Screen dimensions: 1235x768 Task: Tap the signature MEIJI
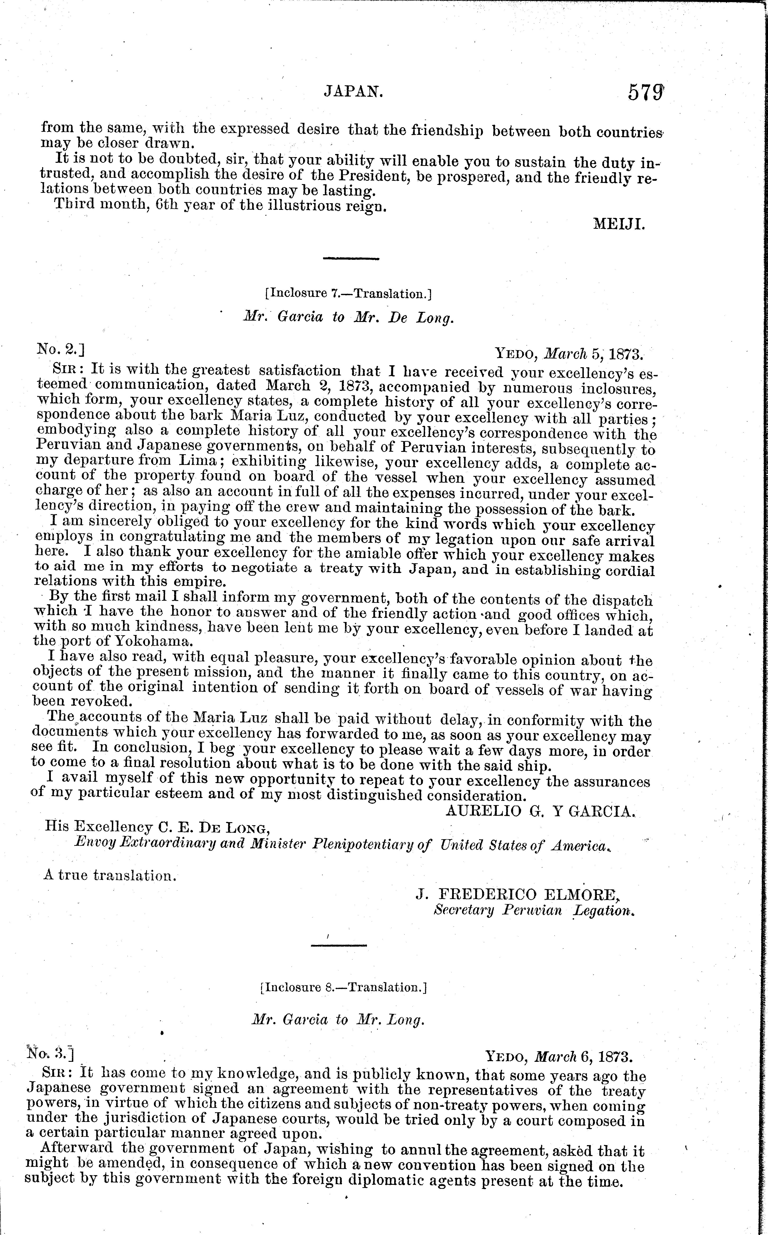619,225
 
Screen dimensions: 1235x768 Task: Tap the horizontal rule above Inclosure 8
338,945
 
